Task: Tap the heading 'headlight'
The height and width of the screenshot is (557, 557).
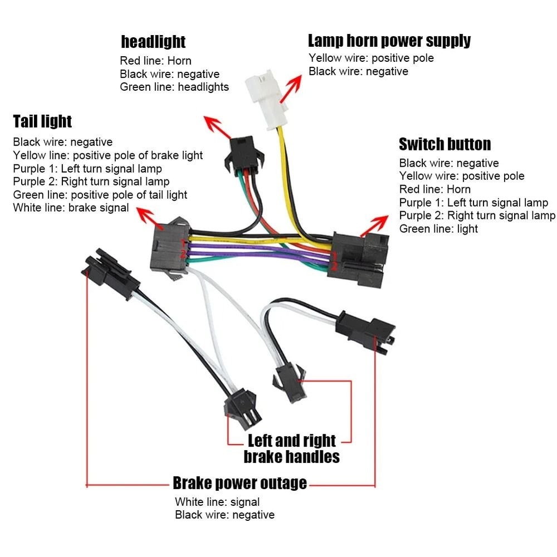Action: pos(153,42)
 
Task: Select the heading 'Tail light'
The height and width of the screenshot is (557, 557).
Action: pos(42,121)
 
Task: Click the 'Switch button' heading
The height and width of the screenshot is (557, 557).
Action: pos(444,144)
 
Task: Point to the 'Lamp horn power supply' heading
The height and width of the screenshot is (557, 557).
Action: pos(389,41)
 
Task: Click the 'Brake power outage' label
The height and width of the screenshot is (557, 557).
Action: pos(240,483)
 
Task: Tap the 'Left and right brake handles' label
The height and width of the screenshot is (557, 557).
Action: pos(291,449)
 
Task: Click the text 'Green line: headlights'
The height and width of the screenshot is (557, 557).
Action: pos(174,87)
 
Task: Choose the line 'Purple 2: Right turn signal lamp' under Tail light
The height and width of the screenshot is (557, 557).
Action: pos(91,182)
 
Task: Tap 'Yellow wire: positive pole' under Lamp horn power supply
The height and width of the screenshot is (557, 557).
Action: pos(371,58)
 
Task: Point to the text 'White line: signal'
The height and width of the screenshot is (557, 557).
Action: pos(217,502)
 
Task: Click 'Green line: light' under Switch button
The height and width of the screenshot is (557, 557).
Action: pos(438,229)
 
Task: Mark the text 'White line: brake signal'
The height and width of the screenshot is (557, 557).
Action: pos(71,208)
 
